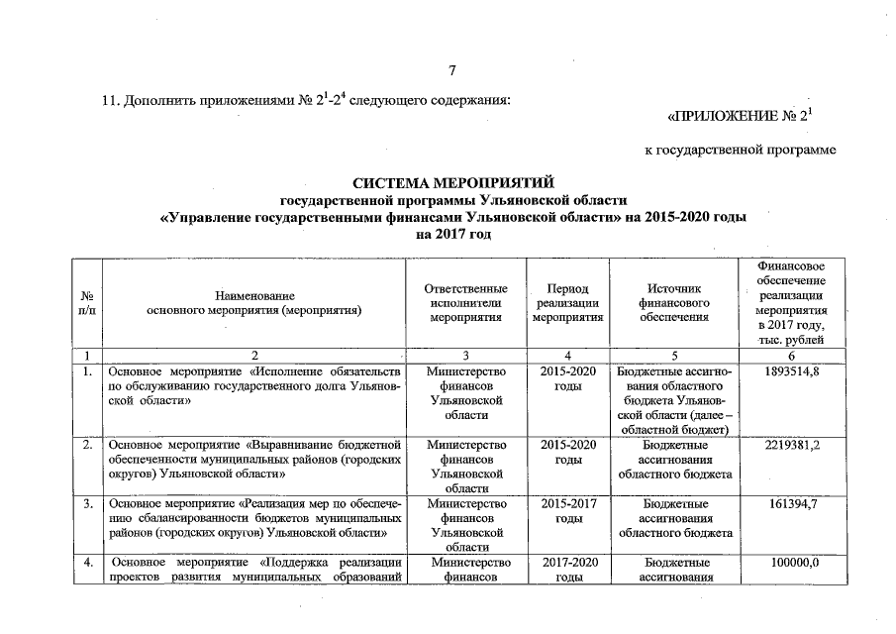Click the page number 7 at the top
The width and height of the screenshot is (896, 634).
(x=451, y=70)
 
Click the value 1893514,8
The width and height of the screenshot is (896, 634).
(x=791, y=371)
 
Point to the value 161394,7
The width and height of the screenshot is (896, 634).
(x=791, y=504)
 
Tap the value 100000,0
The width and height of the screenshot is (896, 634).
(x=791, y=564)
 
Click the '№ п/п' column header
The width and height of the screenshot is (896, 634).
(x=87, y=303)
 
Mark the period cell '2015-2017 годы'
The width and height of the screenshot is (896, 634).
(x=567, y=511)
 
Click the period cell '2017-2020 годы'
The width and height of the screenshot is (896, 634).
(x=567, y=571)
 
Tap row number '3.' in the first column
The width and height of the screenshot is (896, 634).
(x=87, y=504)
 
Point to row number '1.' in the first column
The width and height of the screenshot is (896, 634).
(x=87, y=371)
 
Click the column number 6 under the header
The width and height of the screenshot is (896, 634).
(x=791, y=355)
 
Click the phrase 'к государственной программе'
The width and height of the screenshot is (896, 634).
(x=741, y=150)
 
